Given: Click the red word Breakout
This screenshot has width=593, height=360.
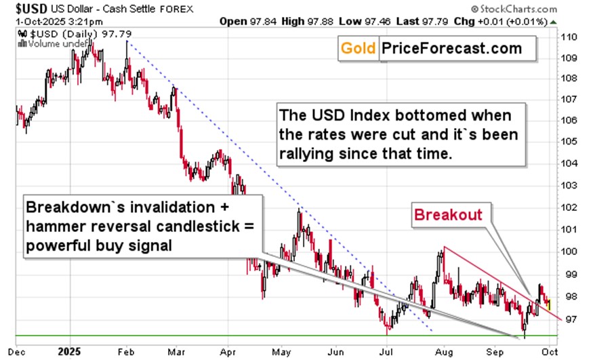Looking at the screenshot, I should [449, 215].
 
